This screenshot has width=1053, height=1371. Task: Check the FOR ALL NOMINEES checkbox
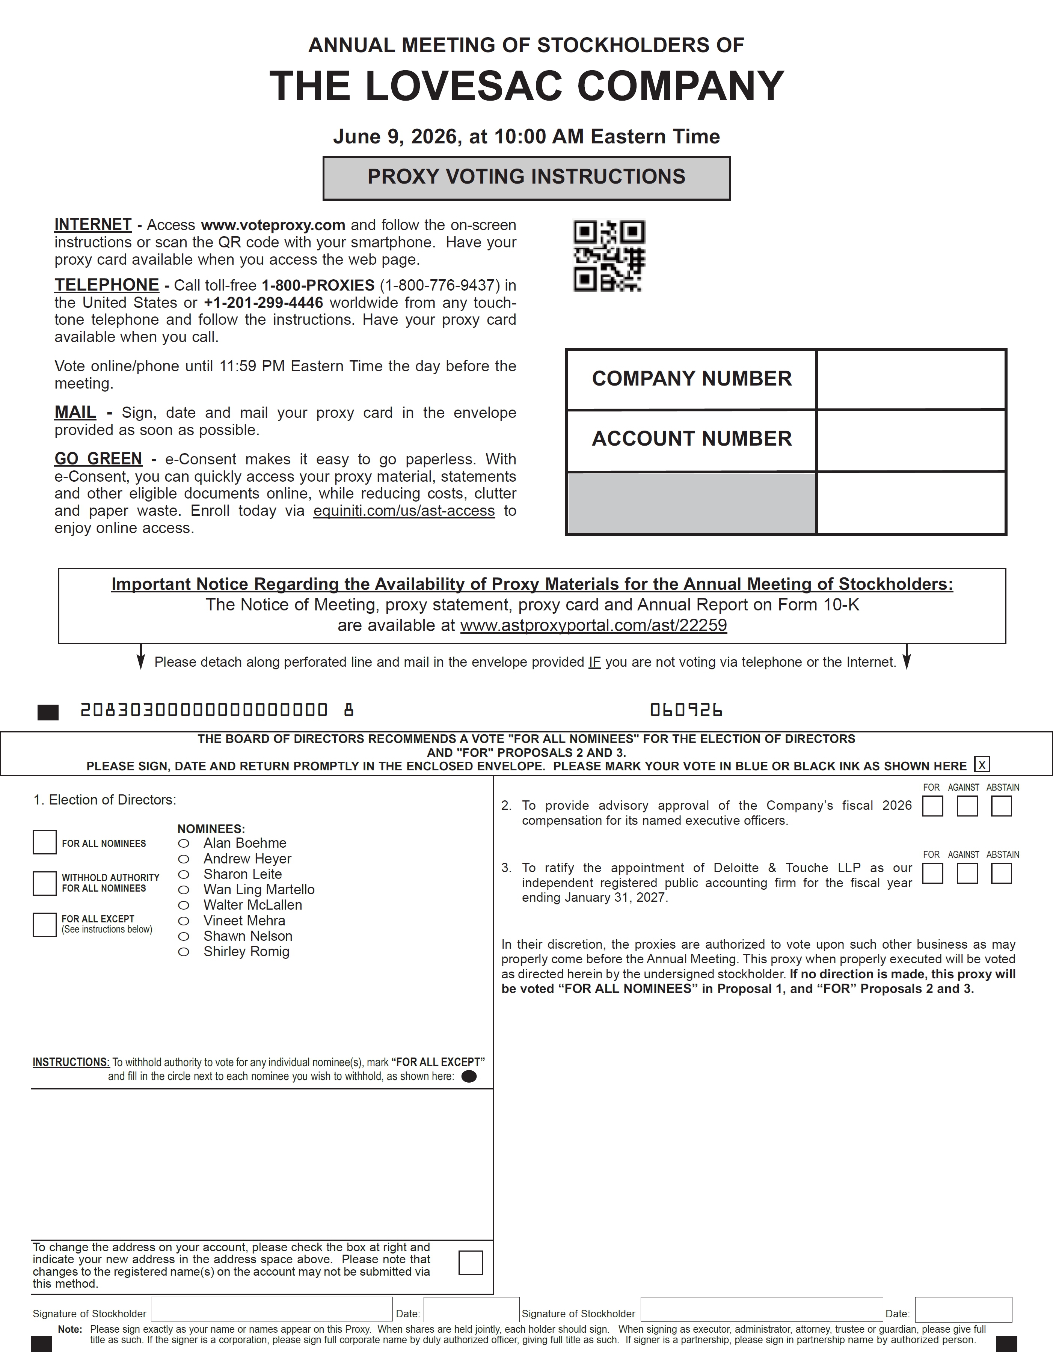point(45,842)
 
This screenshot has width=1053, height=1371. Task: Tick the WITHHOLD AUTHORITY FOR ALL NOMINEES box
point(45,883)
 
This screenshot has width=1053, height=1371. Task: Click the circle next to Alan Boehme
point(184,844)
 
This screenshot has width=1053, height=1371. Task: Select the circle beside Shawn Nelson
point(184,936)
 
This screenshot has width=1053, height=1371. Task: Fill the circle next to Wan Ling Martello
point(184,890)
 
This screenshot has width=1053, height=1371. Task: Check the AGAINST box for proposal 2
point(967,806)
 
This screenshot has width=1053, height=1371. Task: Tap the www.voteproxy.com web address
point(273,225)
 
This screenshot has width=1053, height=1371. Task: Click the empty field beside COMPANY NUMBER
point(911,380)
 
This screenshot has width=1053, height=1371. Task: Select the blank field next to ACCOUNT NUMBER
point(911,440)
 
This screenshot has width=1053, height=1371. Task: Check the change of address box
point(470,1262)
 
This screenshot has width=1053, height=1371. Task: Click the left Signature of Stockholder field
point(272,1309)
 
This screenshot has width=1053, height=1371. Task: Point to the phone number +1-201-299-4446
point(263,303)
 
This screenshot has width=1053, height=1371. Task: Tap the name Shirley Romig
point(246,951)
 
